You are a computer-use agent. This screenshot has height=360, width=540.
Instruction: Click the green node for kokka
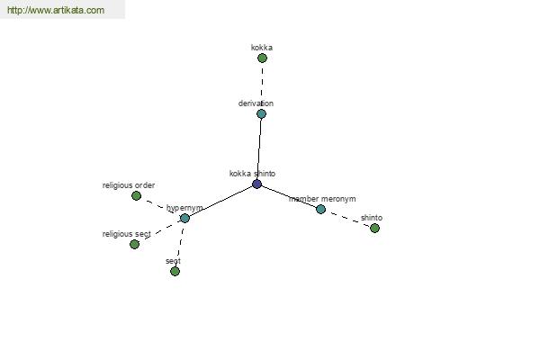(262, 58)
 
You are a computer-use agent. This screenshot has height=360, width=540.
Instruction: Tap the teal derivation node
(261, 114)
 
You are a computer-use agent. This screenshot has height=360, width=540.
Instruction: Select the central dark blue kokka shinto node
(256, 184)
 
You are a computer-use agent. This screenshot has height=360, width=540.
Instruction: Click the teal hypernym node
(184, 218)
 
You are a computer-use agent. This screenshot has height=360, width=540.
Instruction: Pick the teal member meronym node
(320, 209)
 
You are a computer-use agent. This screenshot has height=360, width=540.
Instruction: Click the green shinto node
(374, 228)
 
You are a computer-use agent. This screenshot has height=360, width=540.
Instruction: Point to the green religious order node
(137, 196)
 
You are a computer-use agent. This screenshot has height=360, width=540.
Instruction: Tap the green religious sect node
(135, 244)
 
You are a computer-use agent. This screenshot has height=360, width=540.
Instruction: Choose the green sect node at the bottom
(175, 272)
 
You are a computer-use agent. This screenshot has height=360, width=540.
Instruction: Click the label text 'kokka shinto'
(252, 174)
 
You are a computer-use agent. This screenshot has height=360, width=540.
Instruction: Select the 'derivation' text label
(256, 103)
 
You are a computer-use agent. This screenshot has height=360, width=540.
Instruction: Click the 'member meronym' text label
(322, 199)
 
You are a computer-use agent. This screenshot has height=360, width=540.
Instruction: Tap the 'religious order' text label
(129, 185)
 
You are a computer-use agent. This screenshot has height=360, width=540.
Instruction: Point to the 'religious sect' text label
(127, 234)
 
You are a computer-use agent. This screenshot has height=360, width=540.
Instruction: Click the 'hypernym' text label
(184, 208)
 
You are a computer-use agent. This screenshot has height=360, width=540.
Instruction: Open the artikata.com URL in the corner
(56, 10)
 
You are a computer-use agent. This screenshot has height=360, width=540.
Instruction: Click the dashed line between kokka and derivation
(262, 83)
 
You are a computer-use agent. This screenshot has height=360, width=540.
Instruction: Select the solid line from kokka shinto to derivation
(259, 148)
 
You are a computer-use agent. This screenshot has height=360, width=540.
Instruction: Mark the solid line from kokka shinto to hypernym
(220, 202)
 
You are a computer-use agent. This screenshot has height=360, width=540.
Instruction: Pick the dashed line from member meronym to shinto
(347, 219)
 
